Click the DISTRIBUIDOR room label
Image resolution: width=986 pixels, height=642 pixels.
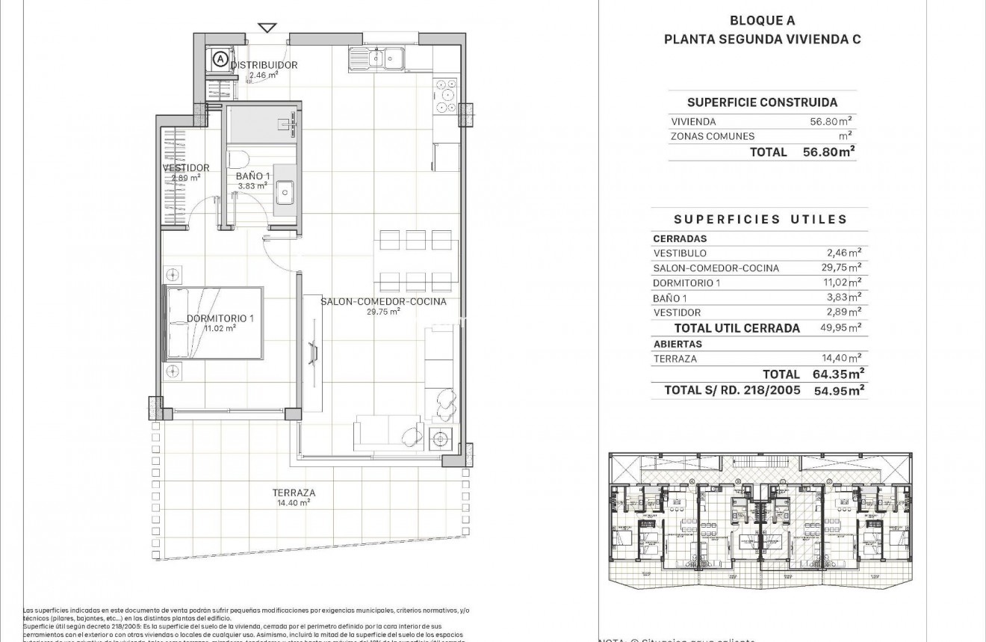point(264,65)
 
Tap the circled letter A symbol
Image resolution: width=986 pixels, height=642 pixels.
point(219,57)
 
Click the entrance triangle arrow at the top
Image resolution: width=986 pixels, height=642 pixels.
point(267,28)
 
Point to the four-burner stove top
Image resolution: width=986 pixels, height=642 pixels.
point(445,95)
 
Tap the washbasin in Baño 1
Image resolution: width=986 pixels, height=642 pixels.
point(285,193)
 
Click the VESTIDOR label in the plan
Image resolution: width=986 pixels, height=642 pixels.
point(185,168)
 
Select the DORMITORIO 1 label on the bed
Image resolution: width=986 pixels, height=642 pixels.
point(220,318)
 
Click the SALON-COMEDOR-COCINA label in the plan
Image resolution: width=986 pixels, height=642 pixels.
point(383,302)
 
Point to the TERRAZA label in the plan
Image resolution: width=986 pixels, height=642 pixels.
point(293,493)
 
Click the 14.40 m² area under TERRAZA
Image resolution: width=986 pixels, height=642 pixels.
point(293,503)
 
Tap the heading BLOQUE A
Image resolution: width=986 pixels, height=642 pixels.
point(763,21)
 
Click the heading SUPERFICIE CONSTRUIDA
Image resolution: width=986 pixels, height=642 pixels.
point(762,102)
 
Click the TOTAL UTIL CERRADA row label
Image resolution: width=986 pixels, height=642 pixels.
point(737,328)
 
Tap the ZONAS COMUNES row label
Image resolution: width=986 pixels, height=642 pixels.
point(713,136)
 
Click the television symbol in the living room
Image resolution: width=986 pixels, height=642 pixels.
point(314,351)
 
